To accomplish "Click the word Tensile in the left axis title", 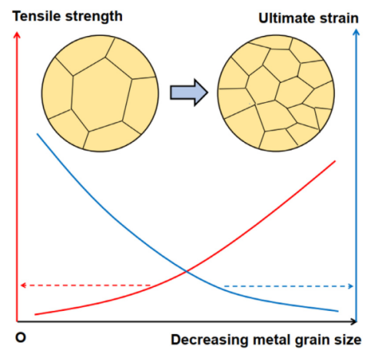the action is pyautogui.click(x=37, y=16).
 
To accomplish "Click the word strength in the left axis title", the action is pyautogui.click(x=94, y=17).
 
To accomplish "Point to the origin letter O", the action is pyautogui.click(x=21, y=338).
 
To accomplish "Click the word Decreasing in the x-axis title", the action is pyautogui.click(x=210, y=340).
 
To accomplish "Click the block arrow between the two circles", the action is pyautogui.click(x=189, y=92).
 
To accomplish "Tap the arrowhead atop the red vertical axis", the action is pyautogui.click(x=17, y=35).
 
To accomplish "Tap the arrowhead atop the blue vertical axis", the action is pyautogui.click(x=356, y=32).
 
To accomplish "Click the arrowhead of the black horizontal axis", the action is pyautogui.click(x=353, y=322).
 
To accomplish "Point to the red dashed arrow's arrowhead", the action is pyautogui.click(x=23, y=285).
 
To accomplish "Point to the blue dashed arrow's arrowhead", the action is pyautogui.click(x=351, y=286).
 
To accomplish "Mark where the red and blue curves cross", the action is pyautogui.click(x=187, y=271).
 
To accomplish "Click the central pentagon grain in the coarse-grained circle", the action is pyautogui.click(x=101, y=94).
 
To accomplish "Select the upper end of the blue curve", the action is pyautogui.click(x=38, y=134).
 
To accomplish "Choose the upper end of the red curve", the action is pyautogui.click(x=335, y=161).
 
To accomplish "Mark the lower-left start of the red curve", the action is pyautogui.click(x=35, y=314).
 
